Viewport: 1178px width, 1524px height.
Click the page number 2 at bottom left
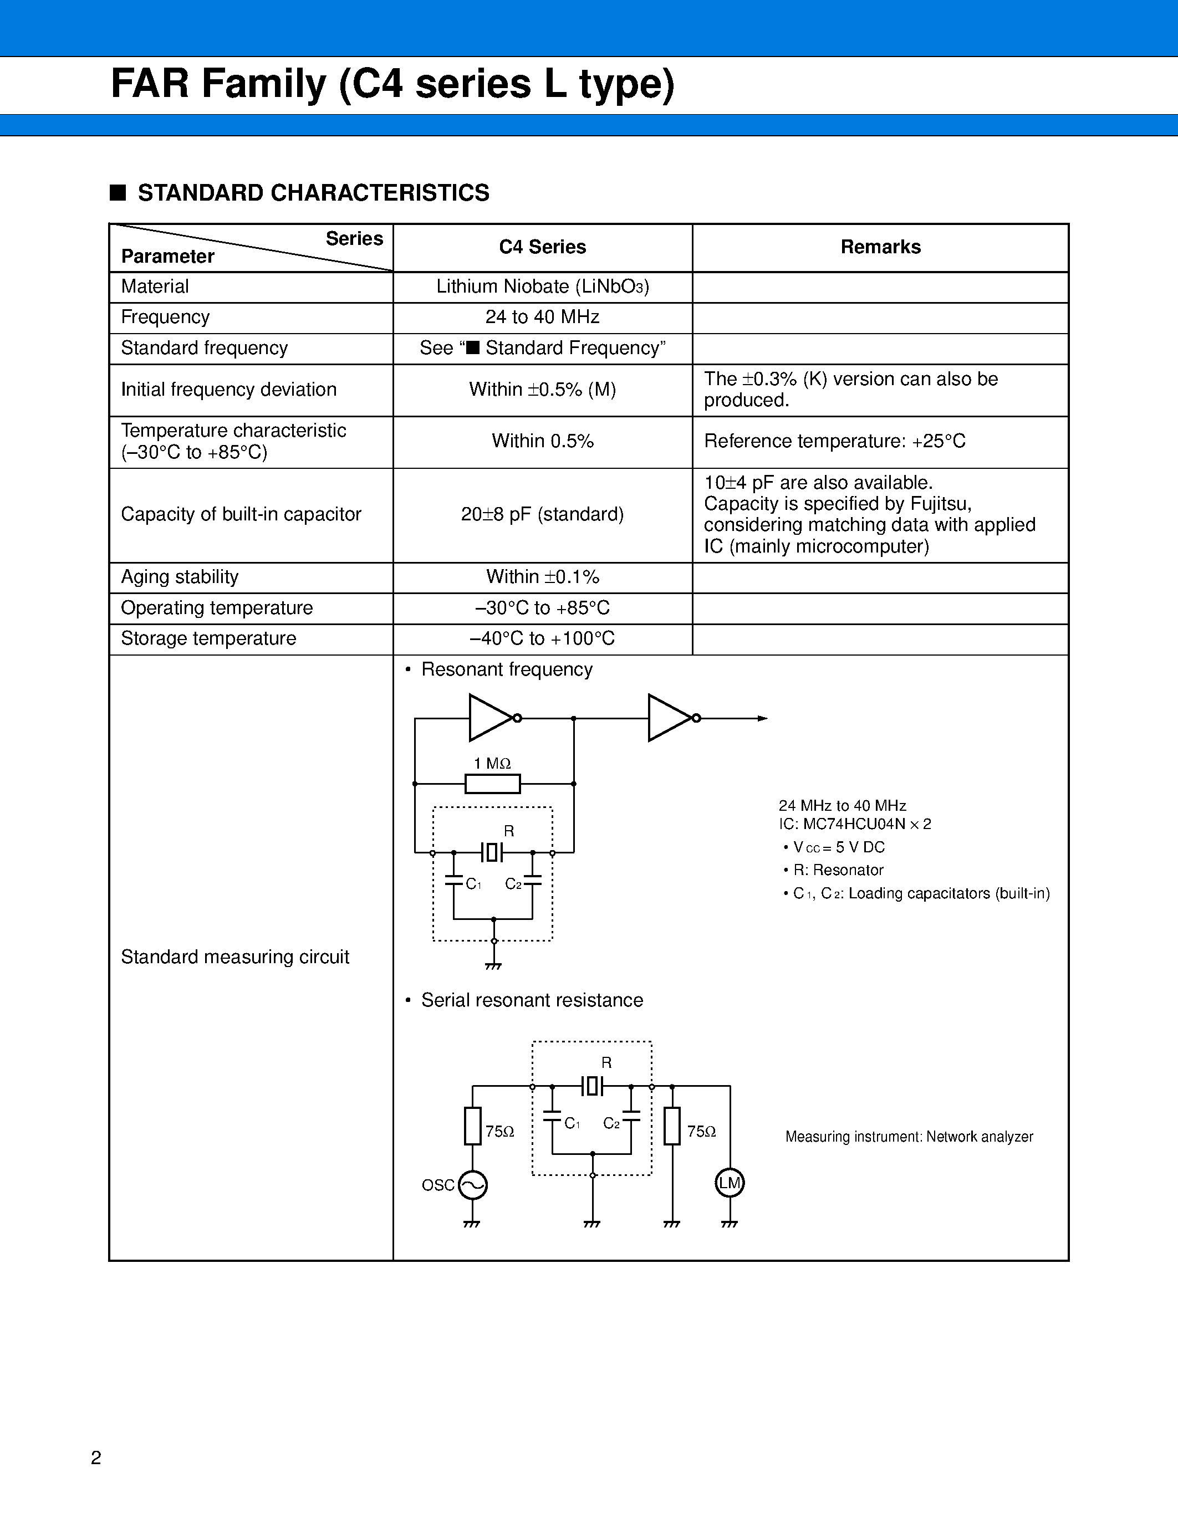[96, 1457]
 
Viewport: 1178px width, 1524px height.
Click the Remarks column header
[880, 247]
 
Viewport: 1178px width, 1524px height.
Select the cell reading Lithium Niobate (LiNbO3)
[542, 287]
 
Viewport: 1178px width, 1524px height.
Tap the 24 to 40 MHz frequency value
[542, 318]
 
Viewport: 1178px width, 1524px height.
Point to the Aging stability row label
[180, 577]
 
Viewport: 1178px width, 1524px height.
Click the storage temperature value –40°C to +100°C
[542, 638]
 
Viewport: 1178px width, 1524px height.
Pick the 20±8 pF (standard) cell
[542, 514]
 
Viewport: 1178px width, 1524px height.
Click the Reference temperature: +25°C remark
[835, 441]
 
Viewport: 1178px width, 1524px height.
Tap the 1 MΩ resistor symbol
[493, 784]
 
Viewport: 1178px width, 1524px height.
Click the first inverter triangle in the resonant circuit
[491, 717]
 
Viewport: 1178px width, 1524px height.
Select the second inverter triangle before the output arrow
[669, 717]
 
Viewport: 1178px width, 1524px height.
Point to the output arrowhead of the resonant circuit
[763, 718]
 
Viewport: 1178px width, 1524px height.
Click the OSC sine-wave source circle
[472, 1185]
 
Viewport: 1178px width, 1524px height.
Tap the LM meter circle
[730, 1183]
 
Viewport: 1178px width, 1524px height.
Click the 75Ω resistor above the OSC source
[472, 1126]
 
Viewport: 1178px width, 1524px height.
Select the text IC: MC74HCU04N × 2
[855, 824]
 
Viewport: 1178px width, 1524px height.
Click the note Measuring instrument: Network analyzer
[909, 1137]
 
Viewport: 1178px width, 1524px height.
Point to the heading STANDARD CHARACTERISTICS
[313, 193]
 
